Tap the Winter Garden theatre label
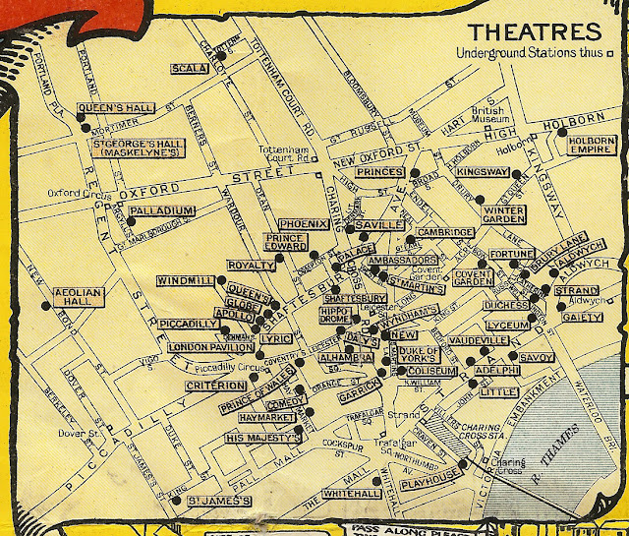pyautogui.click(x=507, y=214)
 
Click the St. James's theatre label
pyautogui.click(x=220, y=502)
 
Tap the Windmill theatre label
pyautogui.click(x=185, y=281)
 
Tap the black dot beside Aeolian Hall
pyautogui.click(x=45, y=305)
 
